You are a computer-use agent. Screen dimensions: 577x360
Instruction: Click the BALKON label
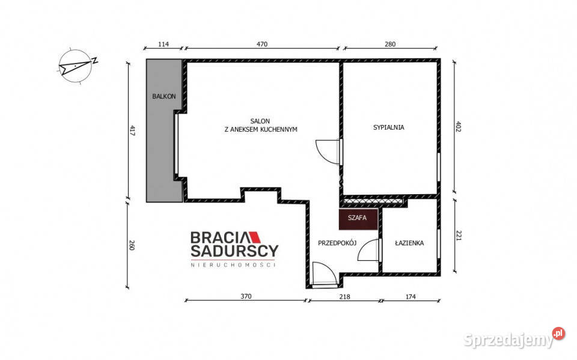pos(164,96)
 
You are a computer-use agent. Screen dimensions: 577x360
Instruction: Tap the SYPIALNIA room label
pos(389,128)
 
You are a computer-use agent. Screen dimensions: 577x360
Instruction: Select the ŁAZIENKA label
pos(409,243)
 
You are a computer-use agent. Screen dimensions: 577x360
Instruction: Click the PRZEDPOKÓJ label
pos(337,243)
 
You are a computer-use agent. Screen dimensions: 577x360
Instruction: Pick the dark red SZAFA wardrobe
pos(358,219)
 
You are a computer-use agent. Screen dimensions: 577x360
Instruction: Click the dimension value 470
pos(261,44)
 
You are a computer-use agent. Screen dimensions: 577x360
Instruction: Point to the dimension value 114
pos(163,44)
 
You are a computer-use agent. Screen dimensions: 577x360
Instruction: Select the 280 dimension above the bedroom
pos(390,44)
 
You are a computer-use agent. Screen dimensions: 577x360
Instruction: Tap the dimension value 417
pos(132,132)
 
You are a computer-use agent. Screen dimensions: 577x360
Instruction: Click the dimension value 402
pos(459,126)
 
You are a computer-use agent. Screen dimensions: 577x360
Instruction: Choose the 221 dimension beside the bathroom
pos(459,235)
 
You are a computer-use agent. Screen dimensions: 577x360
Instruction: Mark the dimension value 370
pos(246,296)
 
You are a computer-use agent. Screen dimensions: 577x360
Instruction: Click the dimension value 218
pos(344,296)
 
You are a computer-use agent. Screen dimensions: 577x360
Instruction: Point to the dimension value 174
pos(411,296)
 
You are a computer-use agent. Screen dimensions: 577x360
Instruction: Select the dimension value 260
pos(132,245)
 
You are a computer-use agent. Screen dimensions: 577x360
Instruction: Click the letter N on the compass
pos(94,60)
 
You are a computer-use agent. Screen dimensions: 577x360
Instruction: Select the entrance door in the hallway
pos(324,273)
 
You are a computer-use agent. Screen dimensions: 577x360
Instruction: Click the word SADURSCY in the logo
pos(234,251)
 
